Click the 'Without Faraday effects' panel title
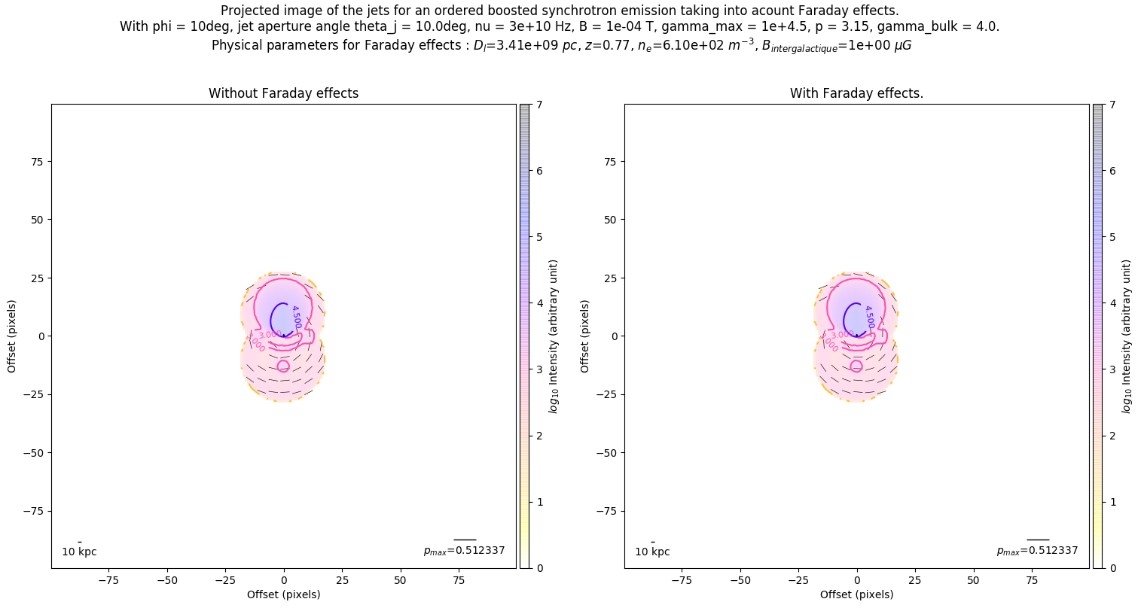coord(283,93)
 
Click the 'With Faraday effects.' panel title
coord(856,93)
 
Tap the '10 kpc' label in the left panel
coord(79,552)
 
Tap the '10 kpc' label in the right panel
coord(652,552)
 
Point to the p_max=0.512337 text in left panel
coord(464,551)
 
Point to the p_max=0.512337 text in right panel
coord(1037,551)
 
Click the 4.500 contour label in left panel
coord(296,317)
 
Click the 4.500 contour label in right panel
coord(869,317)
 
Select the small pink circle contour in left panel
coord(283,366)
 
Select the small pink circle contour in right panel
coord(856,366)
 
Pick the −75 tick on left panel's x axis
coord(108,580)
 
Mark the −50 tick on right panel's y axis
coord(608,452)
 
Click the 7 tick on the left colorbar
coord(541,105)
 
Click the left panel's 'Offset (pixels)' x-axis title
coord(283,594)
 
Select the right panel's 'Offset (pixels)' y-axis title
coord(585,336)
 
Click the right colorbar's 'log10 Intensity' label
coord(1127,336)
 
